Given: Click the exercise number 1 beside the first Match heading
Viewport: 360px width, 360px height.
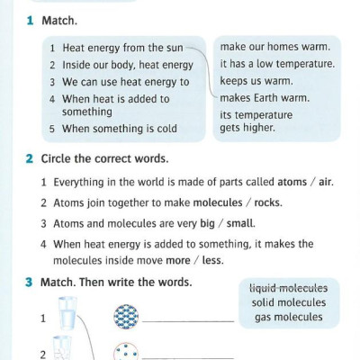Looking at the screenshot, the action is tap(30, 19).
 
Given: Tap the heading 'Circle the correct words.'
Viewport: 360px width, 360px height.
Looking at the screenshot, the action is tap(104, 158).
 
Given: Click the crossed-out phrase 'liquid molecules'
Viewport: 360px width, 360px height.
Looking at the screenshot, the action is tap(288, 288).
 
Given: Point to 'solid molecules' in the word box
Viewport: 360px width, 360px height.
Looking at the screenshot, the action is tap(288, 302).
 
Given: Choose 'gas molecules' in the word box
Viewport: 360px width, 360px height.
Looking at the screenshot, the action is tap(288, 317).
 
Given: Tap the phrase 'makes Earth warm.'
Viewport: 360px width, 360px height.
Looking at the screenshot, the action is tap(265, 97).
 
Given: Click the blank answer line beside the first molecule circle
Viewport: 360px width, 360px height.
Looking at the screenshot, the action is tap(189, 322).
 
